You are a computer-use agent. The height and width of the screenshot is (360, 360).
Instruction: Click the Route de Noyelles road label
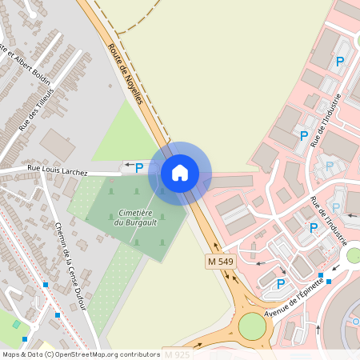[124, 73]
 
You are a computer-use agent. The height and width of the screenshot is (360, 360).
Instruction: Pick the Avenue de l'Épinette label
[294, 296]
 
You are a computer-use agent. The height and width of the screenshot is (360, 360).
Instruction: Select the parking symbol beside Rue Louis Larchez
[139, 168]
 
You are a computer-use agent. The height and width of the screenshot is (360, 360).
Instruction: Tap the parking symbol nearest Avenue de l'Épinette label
[281, 283]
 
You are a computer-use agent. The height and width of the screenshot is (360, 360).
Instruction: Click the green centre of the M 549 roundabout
[252, 326]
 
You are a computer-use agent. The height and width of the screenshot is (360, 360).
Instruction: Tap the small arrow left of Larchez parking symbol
[127, 167]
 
